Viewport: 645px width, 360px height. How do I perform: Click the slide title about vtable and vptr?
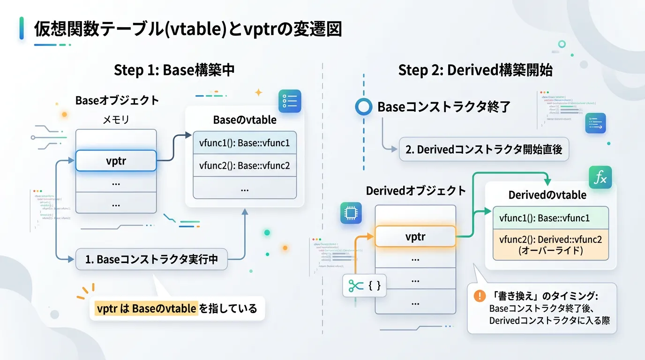(x=187, y=29)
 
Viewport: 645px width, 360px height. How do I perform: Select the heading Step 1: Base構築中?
(x=174, y=70)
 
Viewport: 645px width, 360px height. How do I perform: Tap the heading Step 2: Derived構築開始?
(x=475, y=70)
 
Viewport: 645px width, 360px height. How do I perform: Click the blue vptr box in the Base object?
(x=116, y=161)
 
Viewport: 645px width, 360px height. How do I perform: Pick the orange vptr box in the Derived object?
(x=415, y=236)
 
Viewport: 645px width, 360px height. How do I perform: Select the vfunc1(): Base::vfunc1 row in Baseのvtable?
(x=244, y=142)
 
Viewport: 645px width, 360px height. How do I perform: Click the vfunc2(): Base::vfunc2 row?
(x=244, y=165)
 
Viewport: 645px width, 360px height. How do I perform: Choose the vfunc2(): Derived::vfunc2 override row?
(x=550, y=245)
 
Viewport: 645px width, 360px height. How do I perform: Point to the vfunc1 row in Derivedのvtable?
(x=550, y=218)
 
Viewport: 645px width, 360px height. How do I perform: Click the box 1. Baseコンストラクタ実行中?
(x=151, y=259)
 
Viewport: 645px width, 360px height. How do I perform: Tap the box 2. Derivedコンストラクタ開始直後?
(x=484, y=150)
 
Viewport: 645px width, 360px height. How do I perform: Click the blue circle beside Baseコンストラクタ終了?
(x=363, y=107)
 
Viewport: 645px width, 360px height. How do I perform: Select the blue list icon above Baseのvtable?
(x=290, y=101)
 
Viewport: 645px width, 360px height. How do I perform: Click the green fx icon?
(x=600, y=178)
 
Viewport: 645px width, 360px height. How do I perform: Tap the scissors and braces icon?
(x=364, y=285)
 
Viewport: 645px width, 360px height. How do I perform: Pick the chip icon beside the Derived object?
(x=351, y=214)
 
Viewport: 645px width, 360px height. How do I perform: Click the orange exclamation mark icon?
(x=479, y=296)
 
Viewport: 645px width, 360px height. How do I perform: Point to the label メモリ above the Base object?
(x=116, y=120)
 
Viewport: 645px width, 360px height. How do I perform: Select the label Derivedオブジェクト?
(x=416, y=191)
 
